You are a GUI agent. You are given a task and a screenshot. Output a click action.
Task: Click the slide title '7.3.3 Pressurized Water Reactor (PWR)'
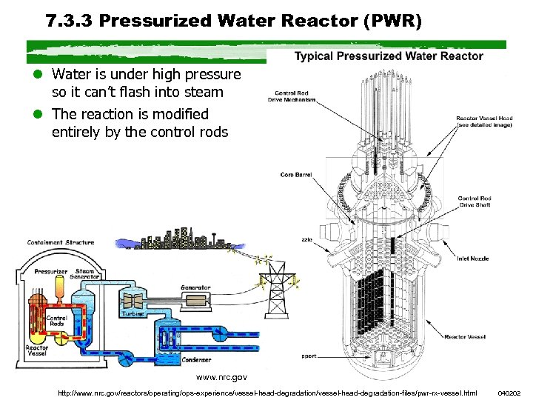pos(233,21)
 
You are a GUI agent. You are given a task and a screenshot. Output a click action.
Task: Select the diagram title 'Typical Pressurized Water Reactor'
pos(389,56)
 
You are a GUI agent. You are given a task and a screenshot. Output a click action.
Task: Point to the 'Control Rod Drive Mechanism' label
pos(290,96)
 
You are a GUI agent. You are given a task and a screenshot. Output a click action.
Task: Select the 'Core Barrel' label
pos(296,175)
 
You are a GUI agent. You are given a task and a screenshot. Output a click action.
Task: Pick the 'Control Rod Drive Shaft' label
pos(475,201)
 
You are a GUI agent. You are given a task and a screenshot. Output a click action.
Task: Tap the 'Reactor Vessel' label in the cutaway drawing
pos(465,336)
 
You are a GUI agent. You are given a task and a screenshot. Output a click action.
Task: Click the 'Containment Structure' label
pos(61,242)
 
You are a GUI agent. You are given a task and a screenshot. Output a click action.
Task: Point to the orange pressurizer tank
pos(61,286)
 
